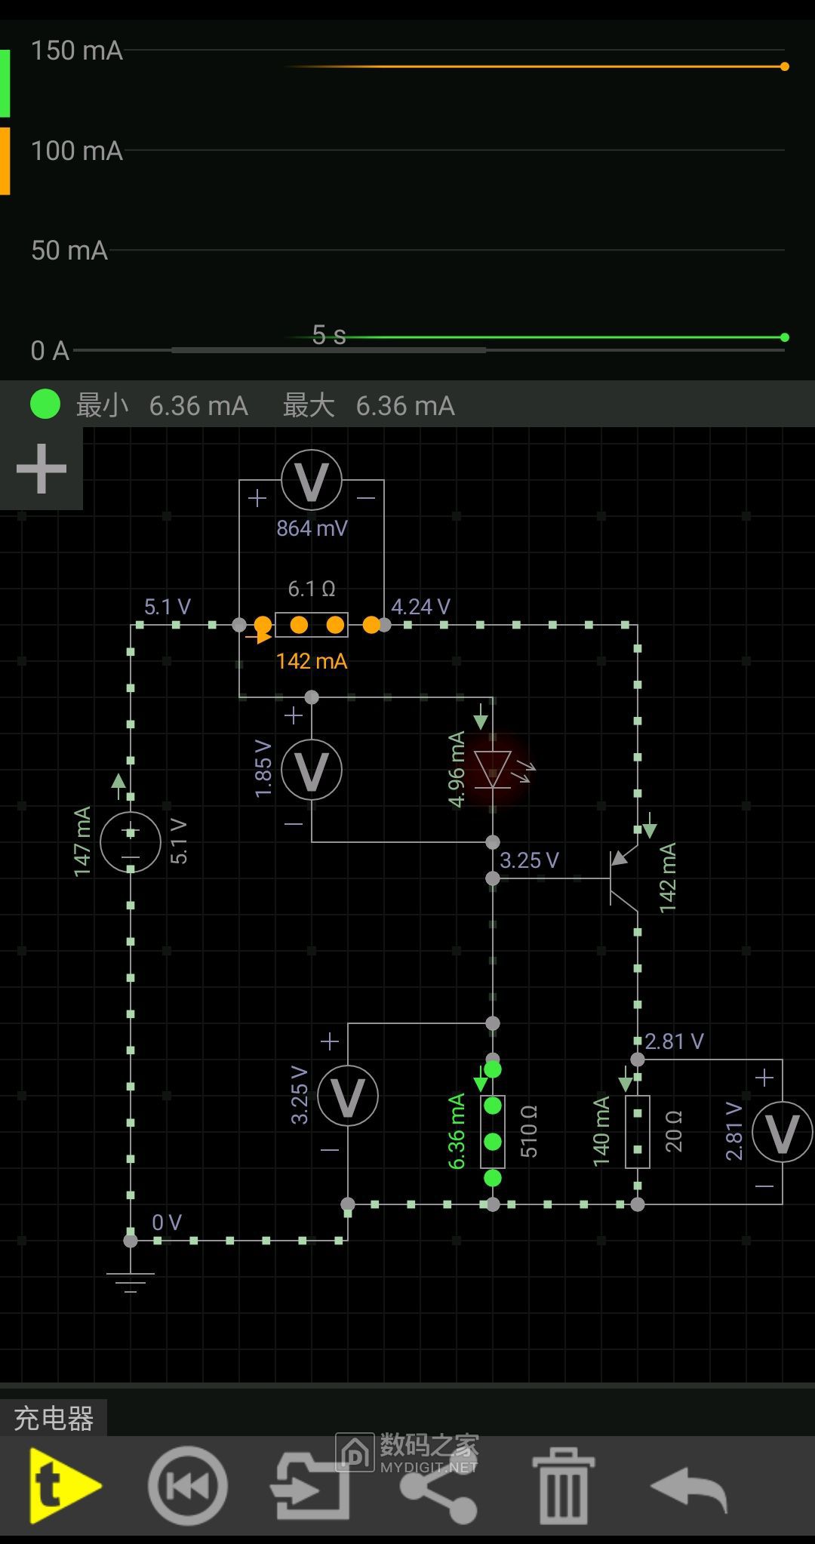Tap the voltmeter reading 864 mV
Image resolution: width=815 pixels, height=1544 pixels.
click(x=311, y=481)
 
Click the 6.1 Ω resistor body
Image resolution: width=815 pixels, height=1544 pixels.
click(x=311, y=625)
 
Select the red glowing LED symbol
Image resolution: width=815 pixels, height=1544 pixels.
click(x=493, y=770)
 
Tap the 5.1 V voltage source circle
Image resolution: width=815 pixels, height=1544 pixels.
click(x=131, y=842)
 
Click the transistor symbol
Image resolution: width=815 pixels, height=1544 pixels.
click(x=623, y=878)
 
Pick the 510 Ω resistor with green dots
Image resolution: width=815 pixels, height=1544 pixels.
click(x=493, y=1132)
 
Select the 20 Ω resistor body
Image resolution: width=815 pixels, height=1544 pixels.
click(x=638, y=1132)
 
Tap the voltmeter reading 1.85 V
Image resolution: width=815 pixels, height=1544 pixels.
click(x=311, y=770)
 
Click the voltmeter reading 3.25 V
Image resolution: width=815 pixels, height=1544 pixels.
click(x=347, y=1096)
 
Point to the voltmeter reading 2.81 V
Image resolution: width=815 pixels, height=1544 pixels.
click(x=782, y=1132)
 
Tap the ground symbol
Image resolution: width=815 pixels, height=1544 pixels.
click(x=131, y=1280)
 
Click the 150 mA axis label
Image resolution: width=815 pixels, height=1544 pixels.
click(x=76, y=51)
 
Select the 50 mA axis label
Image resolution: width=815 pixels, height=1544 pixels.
click(x=69, y=251)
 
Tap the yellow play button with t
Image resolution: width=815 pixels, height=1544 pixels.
click(x=63, y=1485)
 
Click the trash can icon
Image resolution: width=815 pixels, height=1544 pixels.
click(x=563, y=1485)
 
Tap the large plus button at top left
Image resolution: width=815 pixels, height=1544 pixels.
click(x=41, y=469)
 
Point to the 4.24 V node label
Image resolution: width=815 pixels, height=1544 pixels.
click(x=420, y=607)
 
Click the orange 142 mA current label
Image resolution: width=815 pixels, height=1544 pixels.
click(x=311, y=661)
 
